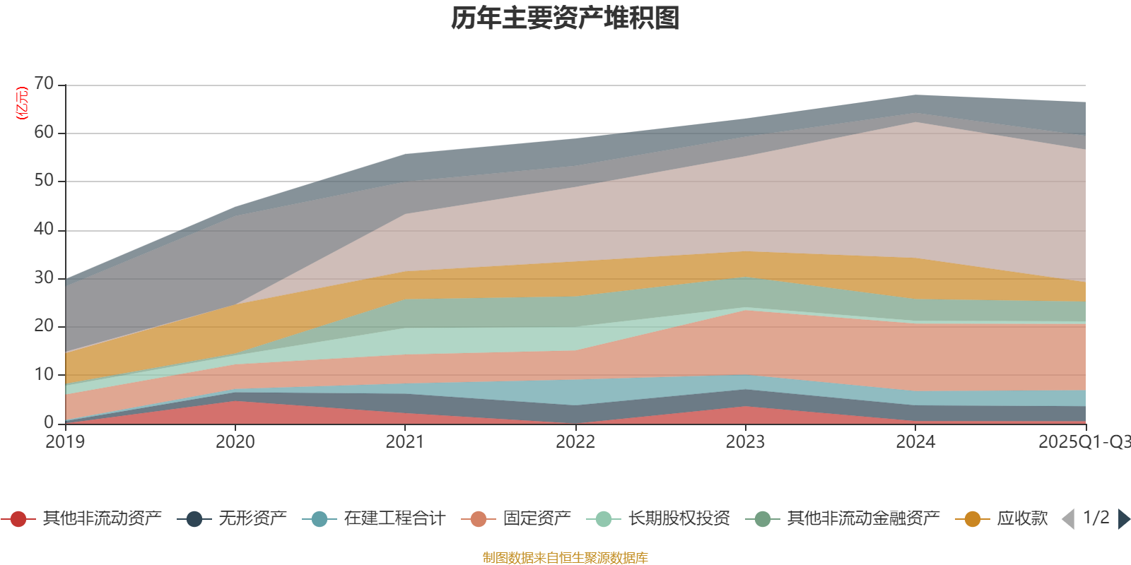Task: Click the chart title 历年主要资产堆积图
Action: tap(565, 18)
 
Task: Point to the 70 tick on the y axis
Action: tap(44, 84)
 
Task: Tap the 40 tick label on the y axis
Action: tap(44, 230)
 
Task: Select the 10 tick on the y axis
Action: tap(44, 374)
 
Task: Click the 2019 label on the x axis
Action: tap(65, 442)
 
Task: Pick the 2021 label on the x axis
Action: tap(405, 442)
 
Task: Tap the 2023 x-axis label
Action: tap(745, 442)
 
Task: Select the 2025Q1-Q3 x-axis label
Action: tap(1083, 442)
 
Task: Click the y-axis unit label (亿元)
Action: tap(22, 103)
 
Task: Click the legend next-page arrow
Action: tap(1124, 519)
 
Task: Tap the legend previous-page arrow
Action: tap(1068, 519)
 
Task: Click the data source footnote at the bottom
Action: tap(565, 558)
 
